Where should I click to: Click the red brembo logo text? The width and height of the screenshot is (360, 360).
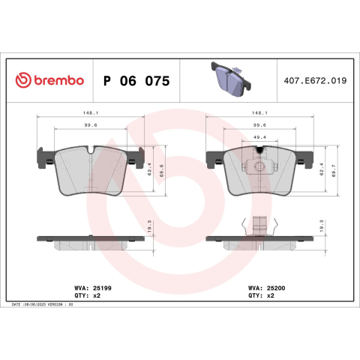tap(58, 80)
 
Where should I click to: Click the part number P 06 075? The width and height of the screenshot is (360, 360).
tap(136, 81)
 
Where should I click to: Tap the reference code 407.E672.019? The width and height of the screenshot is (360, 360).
tap(315, 80)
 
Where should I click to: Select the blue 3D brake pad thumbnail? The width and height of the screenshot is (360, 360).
tap(231, 79)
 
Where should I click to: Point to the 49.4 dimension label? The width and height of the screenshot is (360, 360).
tap(259, 137)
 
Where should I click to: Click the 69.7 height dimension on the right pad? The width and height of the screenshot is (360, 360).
tap(334, 171)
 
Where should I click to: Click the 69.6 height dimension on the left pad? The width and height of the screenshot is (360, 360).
tap(161, 171)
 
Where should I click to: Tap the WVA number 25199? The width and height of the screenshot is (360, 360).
tap(102, 288)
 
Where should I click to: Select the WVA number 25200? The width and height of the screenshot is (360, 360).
tap(276, 288)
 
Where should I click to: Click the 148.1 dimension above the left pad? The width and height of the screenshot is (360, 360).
tap(91, 113)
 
